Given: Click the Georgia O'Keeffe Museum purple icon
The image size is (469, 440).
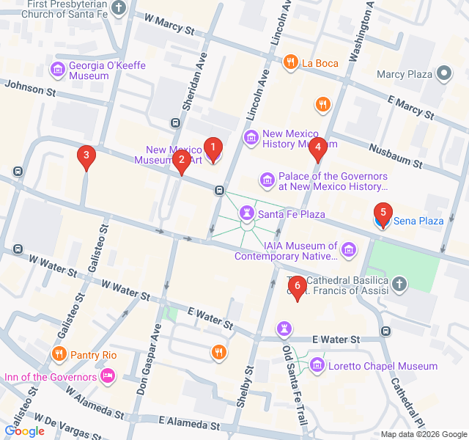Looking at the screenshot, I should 57,70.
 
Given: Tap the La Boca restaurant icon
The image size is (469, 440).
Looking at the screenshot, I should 291,62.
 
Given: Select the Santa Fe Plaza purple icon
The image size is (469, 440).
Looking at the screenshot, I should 247,213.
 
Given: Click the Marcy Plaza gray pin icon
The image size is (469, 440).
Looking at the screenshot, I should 443,73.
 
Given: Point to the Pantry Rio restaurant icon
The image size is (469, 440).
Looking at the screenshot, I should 59,355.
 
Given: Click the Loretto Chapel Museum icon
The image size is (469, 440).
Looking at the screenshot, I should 317,365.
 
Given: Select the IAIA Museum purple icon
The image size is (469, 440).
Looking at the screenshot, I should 349,251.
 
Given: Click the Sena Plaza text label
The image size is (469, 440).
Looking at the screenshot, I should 418,220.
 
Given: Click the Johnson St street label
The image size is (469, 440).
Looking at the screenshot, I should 30,89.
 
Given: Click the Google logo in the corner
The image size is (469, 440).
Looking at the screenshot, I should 24,431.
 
